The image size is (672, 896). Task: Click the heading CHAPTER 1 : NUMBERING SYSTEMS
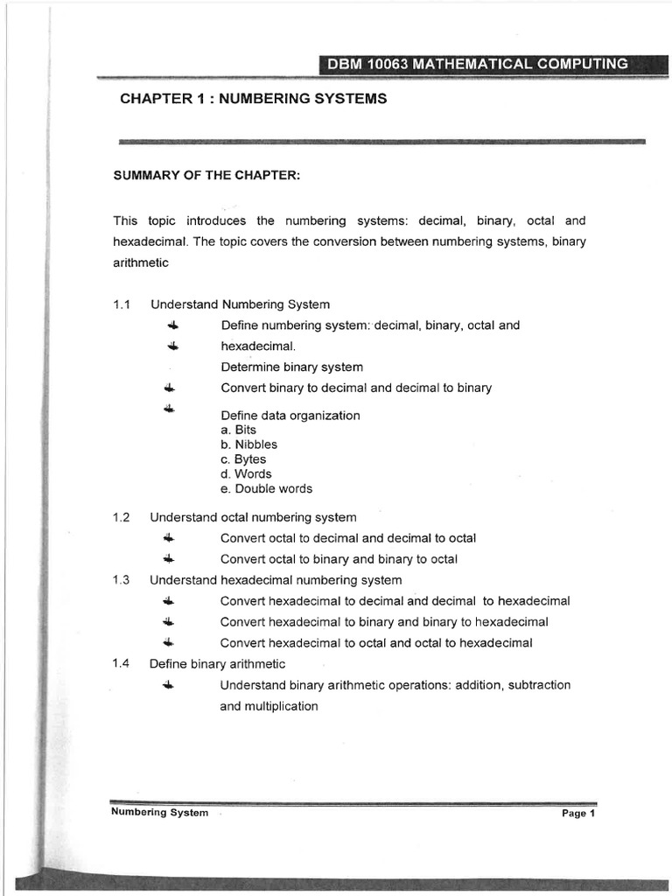point(253,99)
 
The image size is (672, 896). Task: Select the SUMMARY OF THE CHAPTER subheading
point(206,175)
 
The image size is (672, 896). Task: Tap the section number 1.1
point(122,304)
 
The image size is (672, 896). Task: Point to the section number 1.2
point(122,517)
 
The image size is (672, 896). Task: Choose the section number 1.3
point(122,580)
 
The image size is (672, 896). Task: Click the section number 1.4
point(122,664)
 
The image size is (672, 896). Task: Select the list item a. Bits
point(239,430)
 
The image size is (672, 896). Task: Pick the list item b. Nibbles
point(248,444)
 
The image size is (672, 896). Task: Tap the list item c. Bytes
point(243,459)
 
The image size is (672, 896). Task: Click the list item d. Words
point(246,474)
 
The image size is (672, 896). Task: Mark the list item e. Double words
point(266,489)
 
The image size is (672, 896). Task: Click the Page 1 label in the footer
point(578,814)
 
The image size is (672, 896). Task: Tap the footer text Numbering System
point(159,813)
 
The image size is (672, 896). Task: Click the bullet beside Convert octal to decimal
point(169,538)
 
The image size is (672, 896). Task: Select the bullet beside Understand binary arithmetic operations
point(169,685)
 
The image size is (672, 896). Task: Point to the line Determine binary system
point(291,367)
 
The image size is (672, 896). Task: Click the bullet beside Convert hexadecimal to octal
point(169,643)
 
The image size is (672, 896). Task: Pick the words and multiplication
point(269,706)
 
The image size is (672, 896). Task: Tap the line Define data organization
point(290,416)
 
